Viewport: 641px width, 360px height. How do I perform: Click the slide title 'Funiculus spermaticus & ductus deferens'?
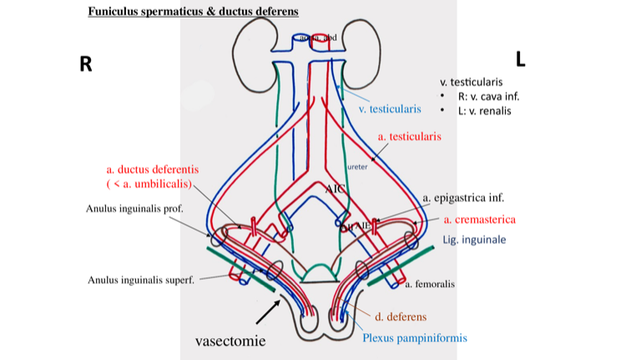point(193,12)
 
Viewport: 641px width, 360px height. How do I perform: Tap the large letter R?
point(85,63)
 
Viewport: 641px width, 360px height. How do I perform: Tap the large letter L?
point(520,58)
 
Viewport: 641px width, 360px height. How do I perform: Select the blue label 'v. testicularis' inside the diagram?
point(390,109)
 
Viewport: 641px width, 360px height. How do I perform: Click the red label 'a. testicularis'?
point(409,135)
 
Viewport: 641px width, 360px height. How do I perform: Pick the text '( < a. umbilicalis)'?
point(149,183)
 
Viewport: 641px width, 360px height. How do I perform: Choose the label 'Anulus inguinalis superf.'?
point(140,280)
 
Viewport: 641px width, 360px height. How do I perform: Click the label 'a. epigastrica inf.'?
point(464,199)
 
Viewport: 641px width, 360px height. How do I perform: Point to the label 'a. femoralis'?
point(430,285)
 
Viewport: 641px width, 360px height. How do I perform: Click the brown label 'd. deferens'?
point(401,317)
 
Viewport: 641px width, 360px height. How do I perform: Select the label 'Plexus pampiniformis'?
point(414,338)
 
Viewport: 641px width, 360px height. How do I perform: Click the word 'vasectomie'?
point(230,341)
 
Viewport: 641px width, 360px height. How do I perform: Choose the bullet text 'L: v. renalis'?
point(483,110)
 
